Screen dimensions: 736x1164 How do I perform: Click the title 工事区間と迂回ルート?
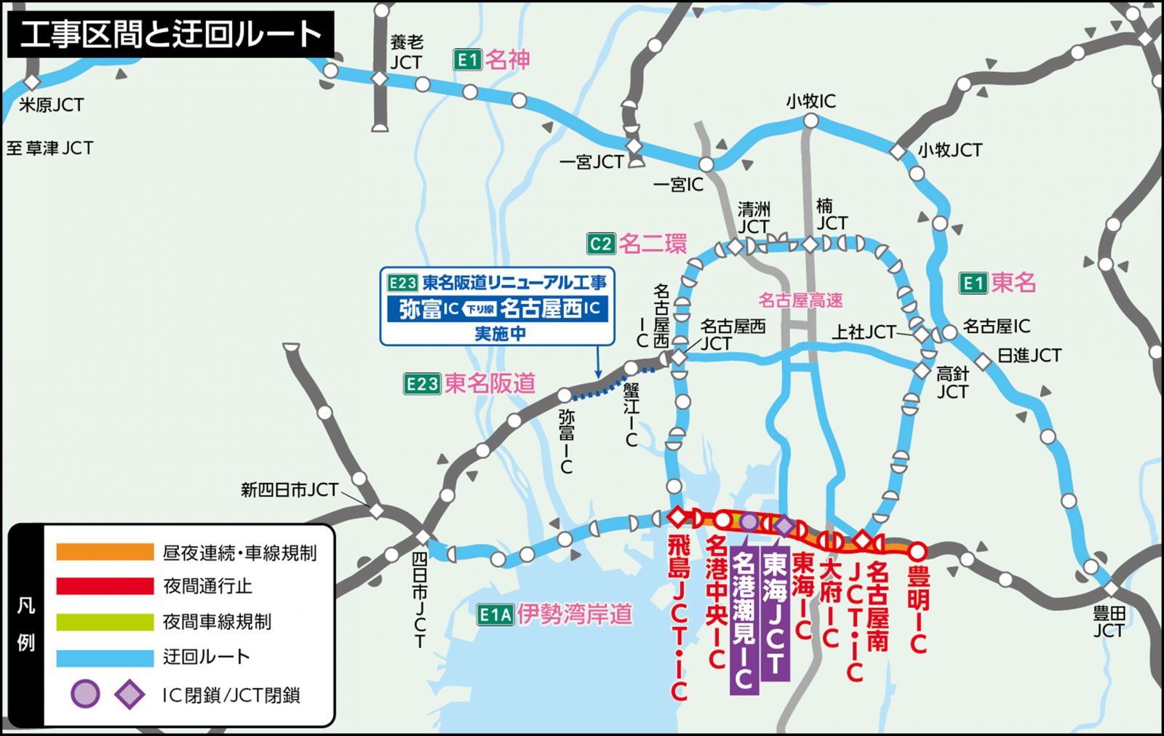(171, 34)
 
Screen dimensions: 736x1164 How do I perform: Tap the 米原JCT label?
(51, 105)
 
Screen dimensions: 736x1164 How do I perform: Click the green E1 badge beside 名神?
(467, 60)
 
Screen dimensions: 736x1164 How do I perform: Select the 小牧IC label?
(810, 101)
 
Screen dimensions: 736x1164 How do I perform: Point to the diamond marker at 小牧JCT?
(898, 151)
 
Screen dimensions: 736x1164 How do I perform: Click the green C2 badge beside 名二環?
(601, 244)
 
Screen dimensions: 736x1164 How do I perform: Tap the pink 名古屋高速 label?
(800, 300)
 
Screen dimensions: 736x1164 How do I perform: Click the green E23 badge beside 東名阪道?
(422, 384)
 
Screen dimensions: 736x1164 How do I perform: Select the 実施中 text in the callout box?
(500, 334)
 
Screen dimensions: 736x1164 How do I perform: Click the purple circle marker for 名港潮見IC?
(749, 521)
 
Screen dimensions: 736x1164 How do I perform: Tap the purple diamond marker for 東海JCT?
(784, 525)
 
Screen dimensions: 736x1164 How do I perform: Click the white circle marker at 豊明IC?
(917, 551)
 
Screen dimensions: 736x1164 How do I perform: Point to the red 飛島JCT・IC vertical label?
(678, 618)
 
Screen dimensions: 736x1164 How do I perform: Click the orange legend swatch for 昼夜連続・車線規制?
(105, 552)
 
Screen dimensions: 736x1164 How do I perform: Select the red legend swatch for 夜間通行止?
(105, 586)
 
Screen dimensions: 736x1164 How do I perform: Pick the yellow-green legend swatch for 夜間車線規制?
(105, 622)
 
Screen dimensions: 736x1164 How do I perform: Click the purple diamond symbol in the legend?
(129, 695)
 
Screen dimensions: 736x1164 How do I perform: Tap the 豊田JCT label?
(1109, 623)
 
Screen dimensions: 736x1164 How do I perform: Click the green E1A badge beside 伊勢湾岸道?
(495, 615)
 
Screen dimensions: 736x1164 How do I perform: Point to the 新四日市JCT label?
(290, 490)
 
